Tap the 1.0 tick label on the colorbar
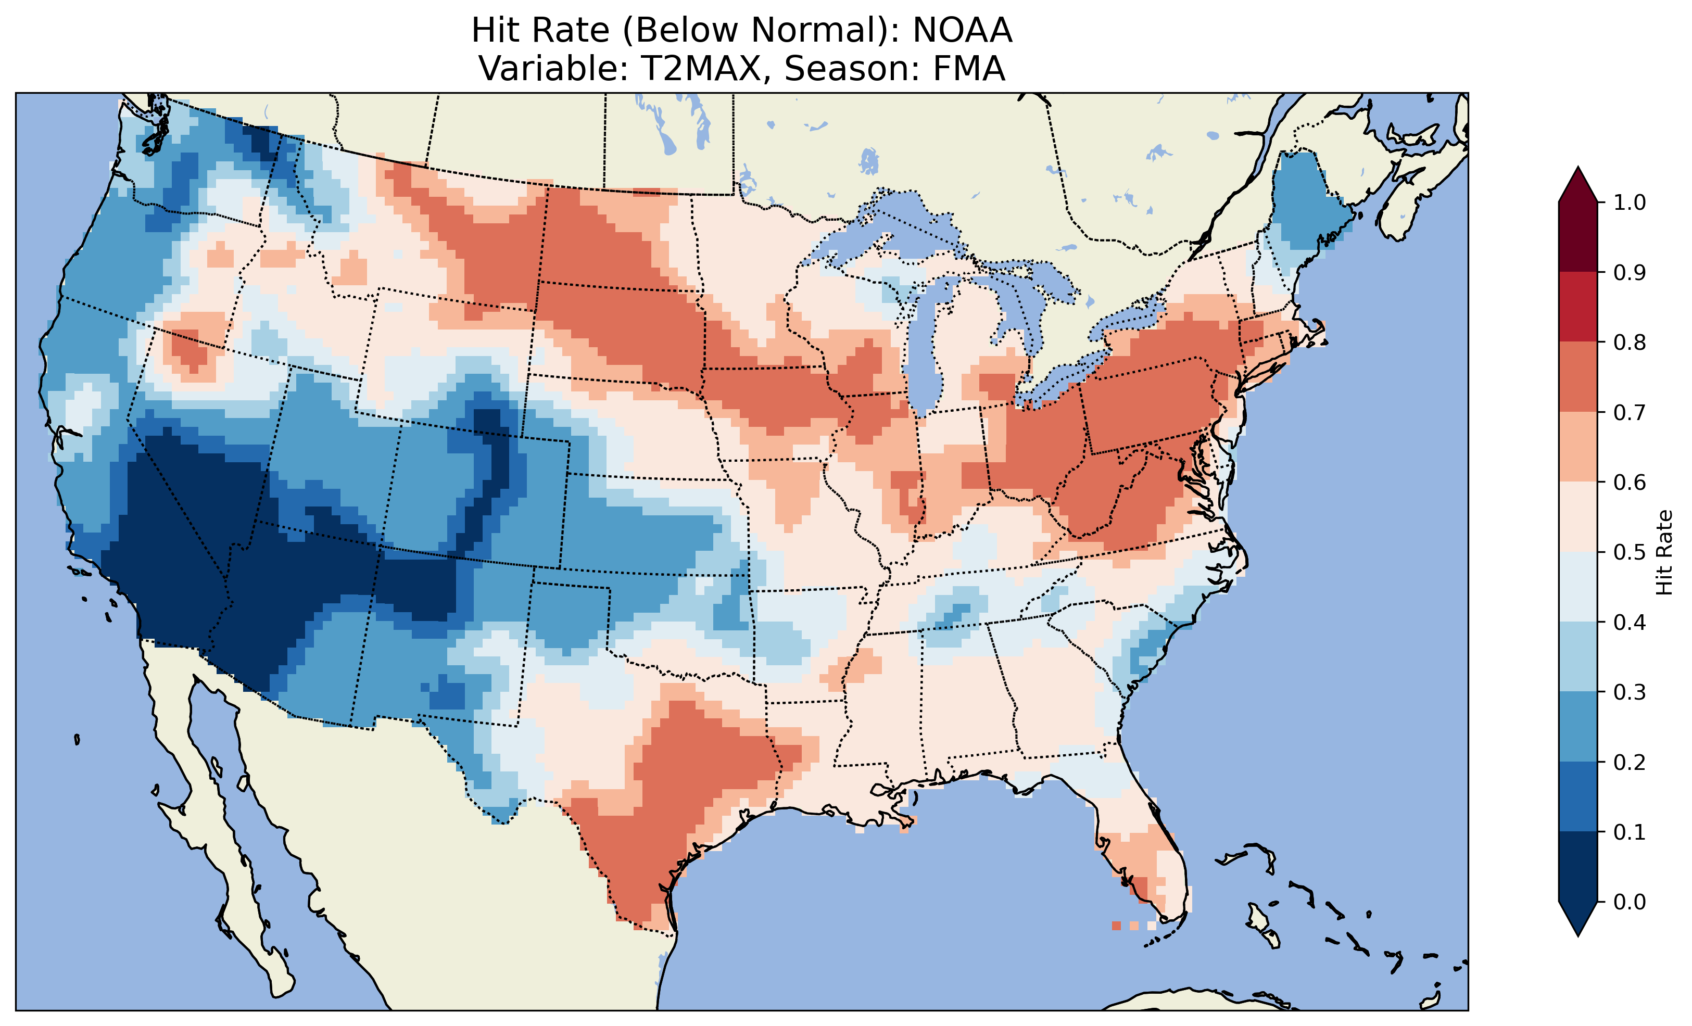1630,202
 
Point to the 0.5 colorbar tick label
1630,552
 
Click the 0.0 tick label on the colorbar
1630,902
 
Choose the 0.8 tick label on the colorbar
1630,342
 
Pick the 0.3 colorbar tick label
1630,692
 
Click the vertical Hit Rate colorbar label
1664,552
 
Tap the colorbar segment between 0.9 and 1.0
1578,237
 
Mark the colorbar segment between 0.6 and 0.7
1578,447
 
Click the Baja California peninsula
206,810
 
